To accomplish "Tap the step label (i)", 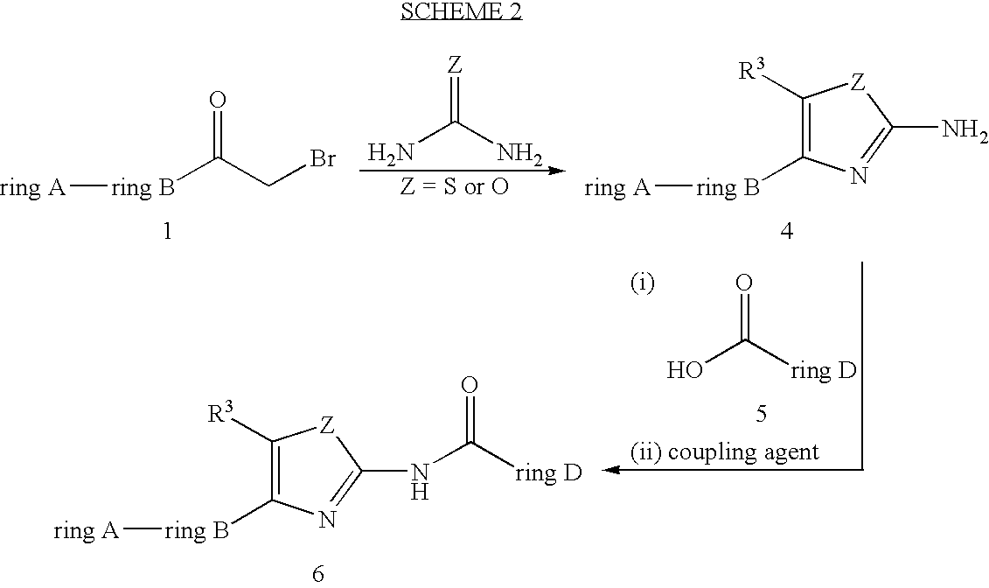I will point(643,283).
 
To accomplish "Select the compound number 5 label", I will point(761,414).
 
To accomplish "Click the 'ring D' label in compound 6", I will point(547,474).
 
